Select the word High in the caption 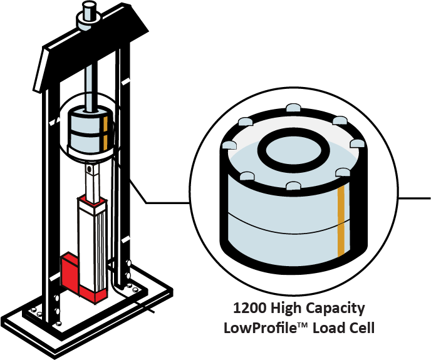283,309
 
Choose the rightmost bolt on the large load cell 358,143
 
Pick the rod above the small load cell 89,88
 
